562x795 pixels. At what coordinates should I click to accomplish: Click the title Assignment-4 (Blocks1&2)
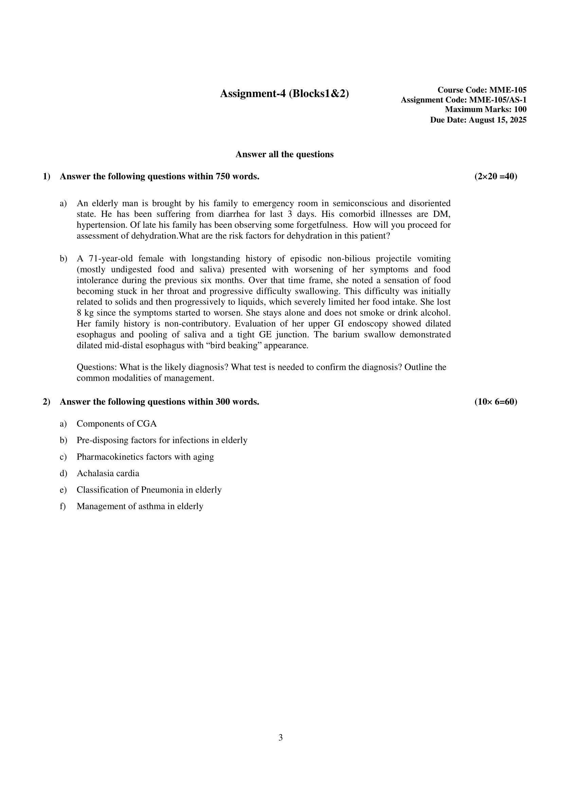(284, 93)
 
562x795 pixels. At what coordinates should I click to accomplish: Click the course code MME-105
(508, 90)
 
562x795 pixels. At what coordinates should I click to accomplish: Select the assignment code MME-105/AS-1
(497, 100)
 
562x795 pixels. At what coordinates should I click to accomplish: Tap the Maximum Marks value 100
(520, 110)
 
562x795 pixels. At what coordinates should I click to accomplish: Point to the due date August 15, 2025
(497, 120)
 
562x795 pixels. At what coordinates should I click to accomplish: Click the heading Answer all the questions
(284, 155)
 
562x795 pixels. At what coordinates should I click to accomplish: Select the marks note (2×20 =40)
(495, 177)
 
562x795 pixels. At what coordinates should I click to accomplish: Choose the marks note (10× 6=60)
(495, 402)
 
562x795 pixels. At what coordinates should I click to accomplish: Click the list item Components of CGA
(116, 424)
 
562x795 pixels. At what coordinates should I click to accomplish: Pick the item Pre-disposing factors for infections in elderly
(162, 440)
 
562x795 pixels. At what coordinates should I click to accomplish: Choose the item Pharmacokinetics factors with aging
(145, 457)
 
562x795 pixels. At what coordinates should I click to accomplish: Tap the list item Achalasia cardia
(108, 473)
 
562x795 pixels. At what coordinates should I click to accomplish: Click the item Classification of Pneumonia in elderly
(149, 490)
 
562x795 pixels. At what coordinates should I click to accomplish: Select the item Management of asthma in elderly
(140, 506)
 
